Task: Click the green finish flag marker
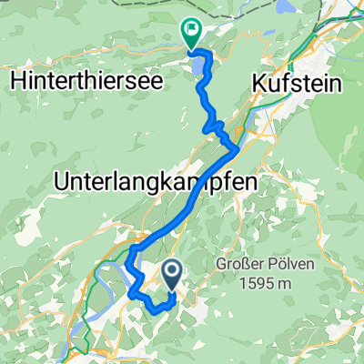(192, 33)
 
